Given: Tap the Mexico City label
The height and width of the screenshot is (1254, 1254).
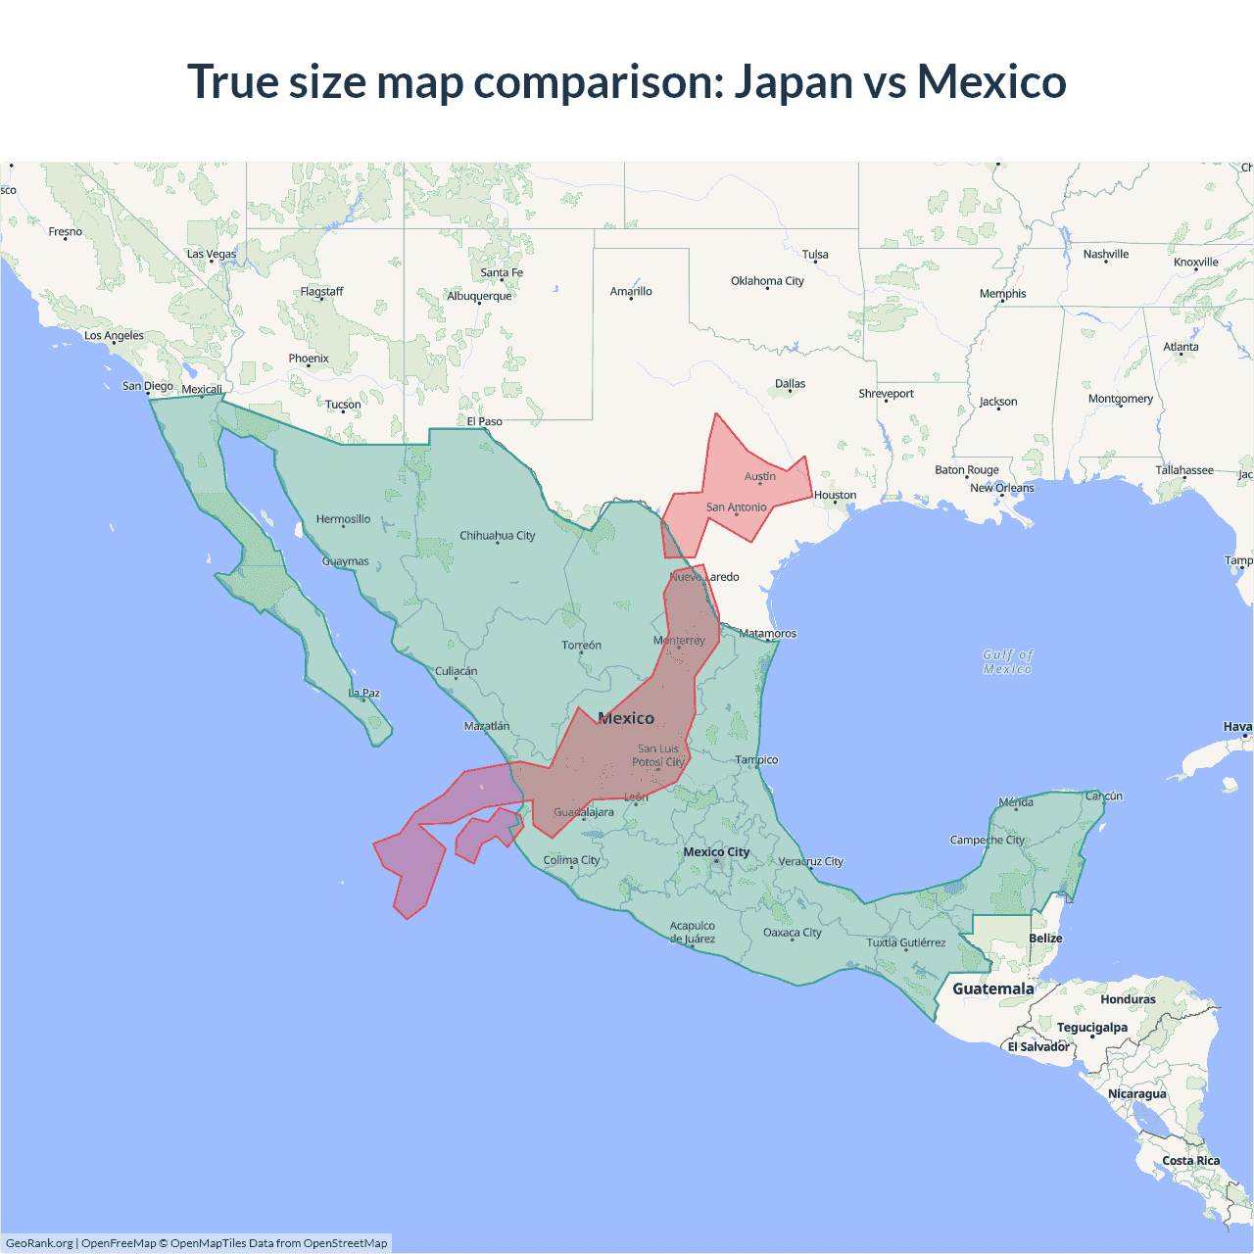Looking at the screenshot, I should click(x=716, y=851).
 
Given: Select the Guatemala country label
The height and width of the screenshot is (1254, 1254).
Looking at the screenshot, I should click(x=992, y=989).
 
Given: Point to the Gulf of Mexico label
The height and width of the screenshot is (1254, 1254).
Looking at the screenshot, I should click(x=1007, y=661).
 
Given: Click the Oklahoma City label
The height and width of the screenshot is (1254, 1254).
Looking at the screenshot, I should click(x=767, y=281).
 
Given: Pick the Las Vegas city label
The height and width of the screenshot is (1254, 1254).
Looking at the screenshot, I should click(x=212, y=254).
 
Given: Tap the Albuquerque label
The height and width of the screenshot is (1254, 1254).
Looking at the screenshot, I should click(x=479, y=296).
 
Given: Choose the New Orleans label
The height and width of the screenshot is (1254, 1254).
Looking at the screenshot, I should click(x=1001, y=488).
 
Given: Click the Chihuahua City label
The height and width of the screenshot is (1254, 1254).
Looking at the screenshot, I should click(x=497, y=536).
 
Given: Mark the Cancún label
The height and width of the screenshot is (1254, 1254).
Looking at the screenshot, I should click(x=1103, y=796).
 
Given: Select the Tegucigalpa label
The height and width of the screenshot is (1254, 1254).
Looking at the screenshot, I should click(x=1091, y=1028).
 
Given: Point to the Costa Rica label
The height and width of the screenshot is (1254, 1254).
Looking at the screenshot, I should click(x=1190, y=1161).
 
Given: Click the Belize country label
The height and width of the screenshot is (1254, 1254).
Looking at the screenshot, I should click(x=1045, y=939).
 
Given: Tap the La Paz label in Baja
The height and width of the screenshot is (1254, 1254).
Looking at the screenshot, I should click(x=363, y=693).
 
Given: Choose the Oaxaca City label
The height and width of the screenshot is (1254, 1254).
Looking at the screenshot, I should click(x=792, y=933).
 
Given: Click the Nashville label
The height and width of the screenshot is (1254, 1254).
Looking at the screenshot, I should click(x=1105, y=255).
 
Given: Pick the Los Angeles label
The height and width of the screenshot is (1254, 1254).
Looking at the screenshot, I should click(x=114, y=335).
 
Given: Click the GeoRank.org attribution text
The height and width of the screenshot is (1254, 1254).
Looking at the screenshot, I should click(x=39, y=1243).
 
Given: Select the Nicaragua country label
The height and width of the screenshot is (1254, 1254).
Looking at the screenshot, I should click(x=1136, y=1094).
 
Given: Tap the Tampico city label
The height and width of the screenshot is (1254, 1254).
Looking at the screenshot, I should click(x=756, y=760).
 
